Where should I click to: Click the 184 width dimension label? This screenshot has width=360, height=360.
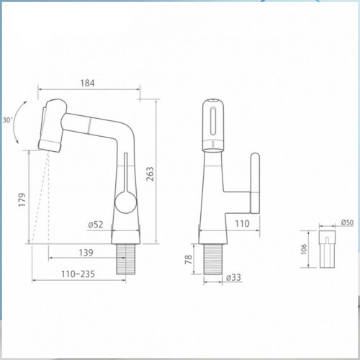coord(87,83)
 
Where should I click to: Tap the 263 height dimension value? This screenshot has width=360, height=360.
coord(150,174)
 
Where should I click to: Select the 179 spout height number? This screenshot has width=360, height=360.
coord(22,199)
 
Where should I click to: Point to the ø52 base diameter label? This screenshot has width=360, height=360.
coord(96,225)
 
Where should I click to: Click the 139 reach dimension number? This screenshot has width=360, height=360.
coord(86,253)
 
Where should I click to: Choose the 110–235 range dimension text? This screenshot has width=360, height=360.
coord(78,274)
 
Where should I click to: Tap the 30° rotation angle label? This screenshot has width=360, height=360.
coord(7,120)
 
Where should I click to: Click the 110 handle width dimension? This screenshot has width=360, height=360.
coord(242,224)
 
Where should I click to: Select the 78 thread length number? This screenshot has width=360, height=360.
coord(189,259)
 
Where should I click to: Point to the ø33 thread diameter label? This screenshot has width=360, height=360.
coord(233,277)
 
